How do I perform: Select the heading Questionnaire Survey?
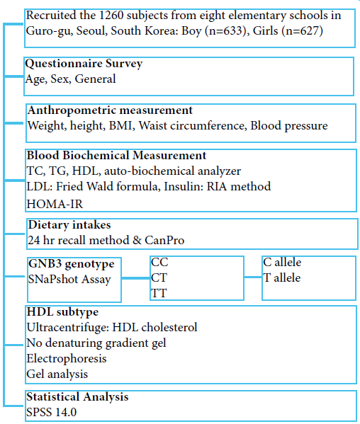[84, 64]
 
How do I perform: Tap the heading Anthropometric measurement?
[110, 110]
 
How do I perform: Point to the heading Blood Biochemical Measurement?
[116, 155]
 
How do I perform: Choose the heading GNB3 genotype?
[71, 264]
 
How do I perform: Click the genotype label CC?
[159, 263]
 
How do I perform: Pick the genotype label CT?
[159, 277]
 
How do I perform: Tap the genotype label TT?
[159, 292]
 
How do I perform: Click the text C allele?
[282, 263]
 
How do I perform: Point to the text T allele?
[282, 277]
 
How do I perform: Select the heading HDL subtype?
[62, 312]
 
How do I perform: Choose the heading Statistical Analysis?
[77, 396]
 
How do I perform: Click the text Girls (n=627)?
[288, 31]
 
